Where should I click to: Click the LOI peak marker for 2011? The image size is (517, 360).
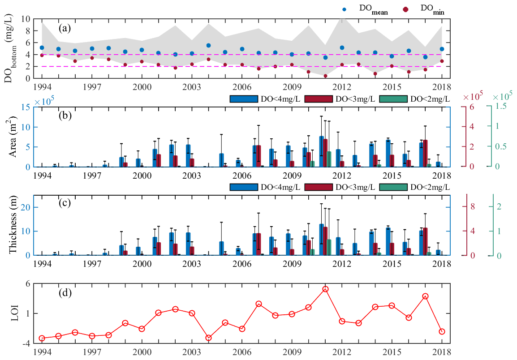[x=326, y=289]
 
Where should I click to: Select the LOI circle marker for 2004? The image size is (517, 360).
[x=208, y=338]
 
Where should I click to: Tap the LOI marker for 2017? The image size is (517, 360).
[x=426, y=296]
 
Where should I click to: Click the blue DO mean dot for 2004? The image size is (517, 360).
[x=208, y=45]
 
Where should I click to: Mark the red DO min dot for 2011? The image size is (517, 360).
[x=326, y=76]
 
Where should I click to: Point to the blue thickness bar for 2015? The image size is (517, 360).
[x=388, y=241]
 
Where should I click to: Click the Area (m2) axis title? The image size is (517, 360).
[x=13, y=136]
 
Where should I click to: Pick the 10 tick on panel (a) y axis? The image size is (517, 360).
[x=26, y=19]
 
